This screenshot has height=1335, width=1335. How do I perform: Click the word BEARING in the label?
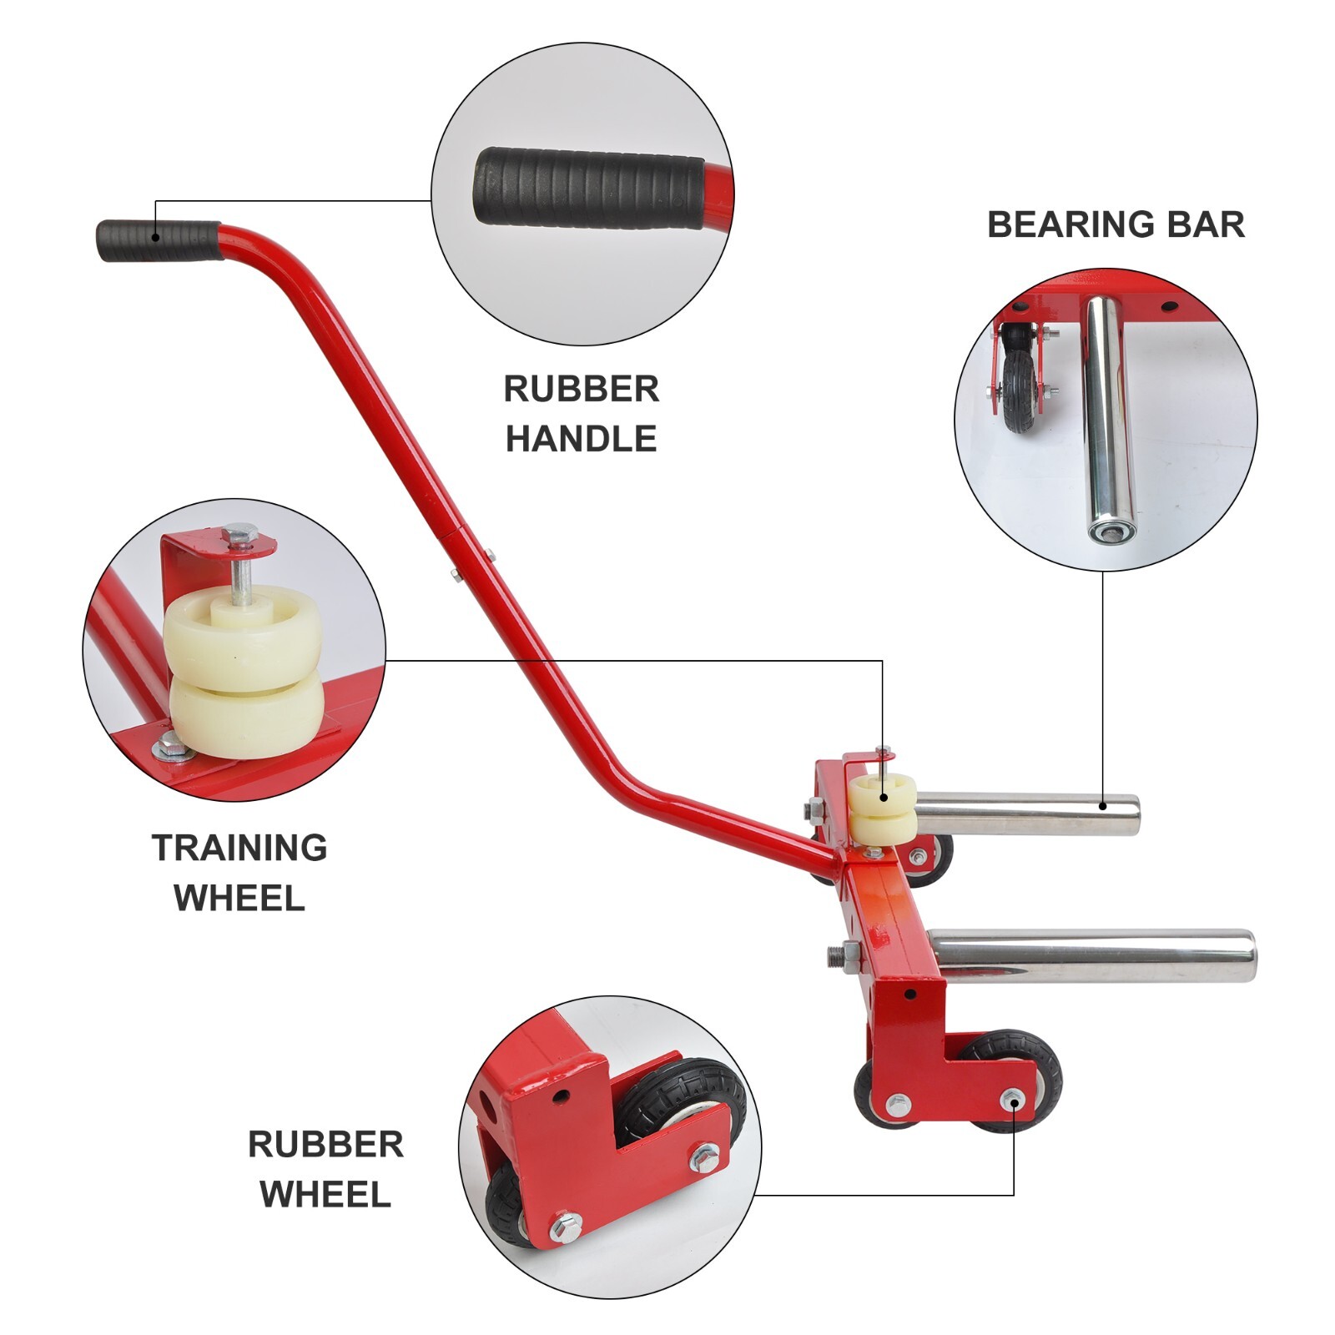(x=1066, y=224)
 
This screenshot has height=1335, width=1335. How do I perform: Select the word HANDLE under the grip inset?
(x=581, y=439)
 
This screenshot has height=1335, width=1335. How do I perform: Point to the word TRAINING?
(x=239, y=848)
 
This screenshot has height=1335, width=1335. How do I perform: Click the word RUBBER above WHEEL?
(x=325, y=1145)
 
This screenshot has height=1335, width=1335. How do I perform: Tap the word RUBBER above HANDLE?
(x=581, y=389)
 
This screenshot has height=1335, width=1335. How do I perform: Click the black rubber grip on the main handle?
(x=159, y=240)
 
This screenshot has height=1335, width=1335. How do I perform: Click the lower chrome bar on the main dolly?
(x=1091, y=956)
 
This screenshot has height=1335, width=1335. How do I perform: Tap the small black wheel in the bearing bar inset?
(x=1021, y=391)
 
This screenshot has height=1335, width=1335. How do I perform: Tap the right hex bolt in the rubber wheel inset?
(x=704, y=1157)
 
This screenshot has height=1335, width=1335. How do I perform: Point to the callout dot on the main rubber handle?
(x=155, y=237)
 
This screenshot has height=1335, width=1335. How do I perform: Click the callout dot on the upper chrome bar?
(x=1103, y=806)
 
